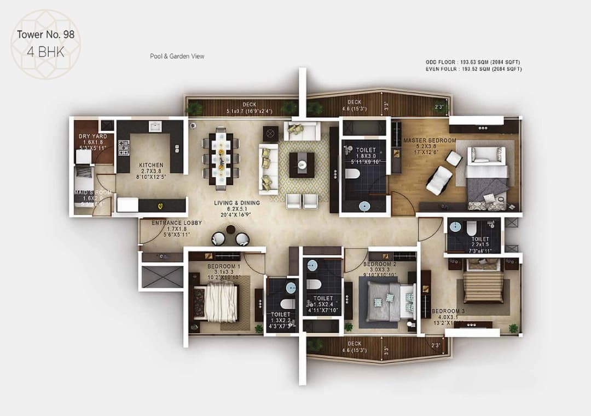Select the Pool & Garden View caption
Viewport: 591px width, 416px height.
click(177, 56)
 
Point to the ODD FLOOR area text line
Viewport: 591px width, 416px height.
click(473, 62)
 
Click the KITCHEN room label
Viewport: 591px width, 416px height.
click(150, 165)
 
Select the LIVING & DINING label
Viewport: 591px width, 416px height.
click(236, 203)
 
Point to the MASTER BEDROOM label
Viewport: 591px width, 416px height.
click(430, 141)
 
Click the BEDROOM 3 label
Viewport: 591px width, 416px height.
click(448, 312)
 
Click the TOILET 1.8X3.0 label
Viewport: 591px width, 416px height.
click(366, 150)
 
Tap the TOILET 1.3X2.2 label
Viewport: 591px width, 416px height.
click(281, 315)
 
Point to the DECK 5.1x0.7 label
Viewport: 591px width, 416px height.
click(249, 105)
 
